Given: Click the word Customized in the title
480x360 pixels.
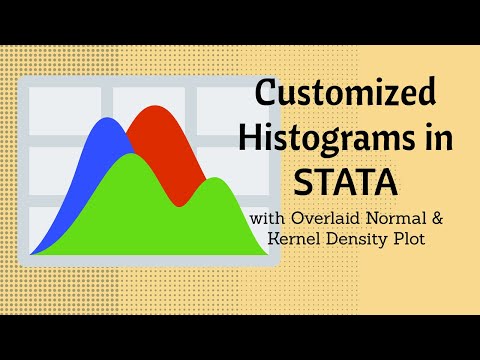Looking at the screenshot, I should point(346,95).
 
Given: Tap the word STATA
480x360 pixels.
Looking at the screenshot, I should point(346,183).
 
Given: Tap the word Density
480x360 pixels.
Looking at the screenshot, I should point(362,240).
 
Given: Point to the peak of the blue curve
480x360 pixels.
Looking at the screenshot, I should point(102,120).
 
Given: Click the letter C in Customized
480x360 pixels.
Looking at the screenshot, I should point(267,95).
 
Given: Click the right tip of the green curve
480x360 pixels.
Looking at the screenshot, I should point(268,253).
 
